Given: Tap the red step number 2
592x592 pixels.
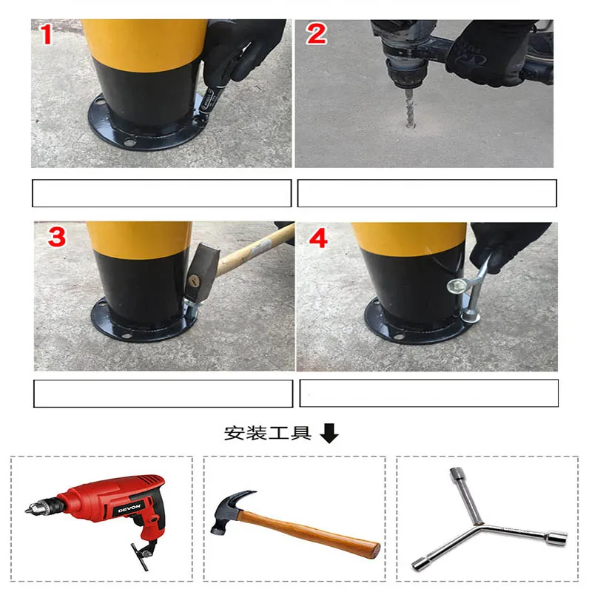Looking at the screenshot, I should tap(316, 33).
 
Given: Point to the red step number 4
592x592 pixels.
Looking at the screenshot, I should tap(317, 238).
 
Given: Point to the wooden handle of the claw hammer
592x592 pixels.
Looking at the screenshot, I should tap(318, 531).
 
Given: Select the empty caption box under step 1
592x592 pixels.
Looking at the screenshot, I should tap(161, 193).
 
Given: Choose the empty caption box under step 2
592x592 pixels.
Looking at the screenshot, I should tap(426, 193).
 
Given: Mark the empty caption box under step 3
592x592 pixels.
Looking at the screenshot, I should tap(163, 393).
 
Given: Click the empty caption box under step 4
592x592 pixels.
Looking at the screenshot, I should tap(428, 393).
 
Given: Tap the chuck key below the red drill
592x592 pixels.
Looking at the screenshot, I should tap(142, 551).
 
